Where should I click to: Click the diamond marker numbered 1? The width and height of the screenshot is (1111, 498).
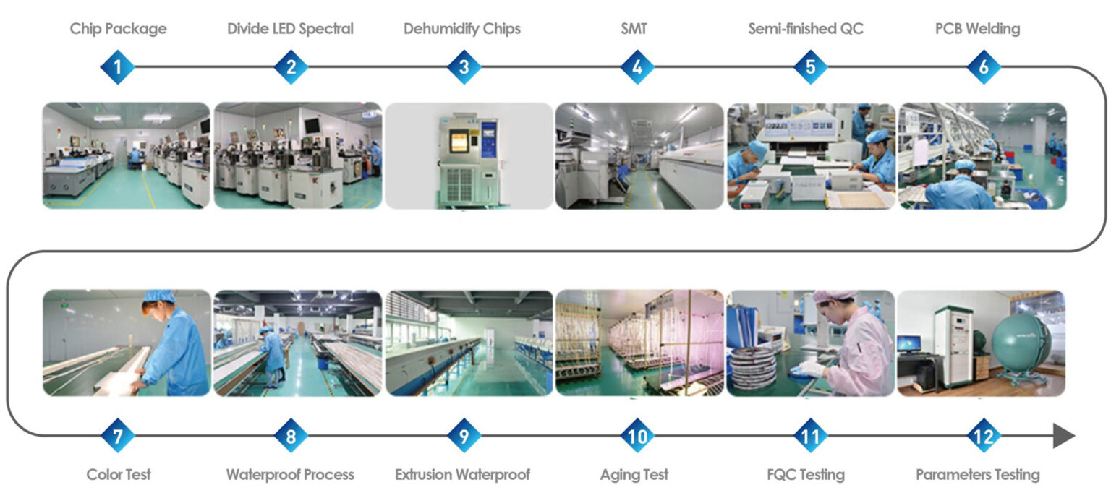pos(117,67)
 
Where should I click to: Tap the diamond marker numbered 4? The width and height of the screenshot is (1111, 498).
pos(637,67)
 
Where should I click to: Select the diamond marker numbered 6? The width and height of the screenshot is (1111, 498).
pos(984,67)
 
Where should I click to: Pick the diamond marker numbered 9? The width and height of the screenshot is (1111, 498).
pos(464,436)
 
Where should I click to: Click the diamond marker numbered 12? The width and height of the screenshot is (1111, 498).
pos(984,436)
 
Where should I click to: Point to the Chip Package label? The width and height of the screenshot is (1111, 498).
pos(118,29)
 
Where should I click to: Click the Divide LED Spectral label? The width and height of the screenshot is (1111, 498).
pos(290,29)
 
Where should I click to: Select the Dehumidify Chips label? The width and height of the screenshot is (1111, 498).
pos(462,29)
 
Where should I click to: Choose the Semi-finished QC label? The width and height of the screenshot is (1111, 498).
pos(806,29)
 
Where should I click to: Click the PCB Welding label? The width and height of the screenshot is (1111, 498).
pos(976,29)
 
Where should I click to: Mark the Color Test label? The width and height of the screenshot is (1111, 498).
pos(119,475)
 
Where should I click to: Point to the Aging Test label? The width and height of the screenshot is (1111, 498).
pos(634,475)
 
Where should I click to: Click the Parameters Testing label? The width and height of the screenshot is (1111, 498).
pos(978,475)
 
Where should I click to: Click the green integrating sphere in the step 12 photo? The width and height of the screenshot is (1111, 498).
pos(1020,343)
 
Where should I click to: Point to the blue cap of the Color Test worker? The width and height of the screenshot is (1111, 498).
pos(159,296)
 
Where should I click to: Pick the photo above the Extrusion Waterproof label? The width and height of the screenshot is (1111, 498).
pos(469,343)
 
